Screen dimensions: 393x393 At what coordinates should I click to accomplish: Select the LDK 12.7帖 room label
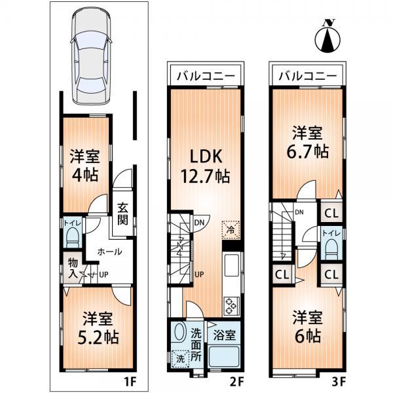(208, 164)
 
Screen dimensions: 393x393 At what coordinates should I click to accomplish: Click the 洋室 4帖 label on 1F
(84, 166)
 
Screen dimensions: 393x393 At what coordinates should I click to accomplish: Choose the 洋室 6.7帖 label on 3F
(307, 141)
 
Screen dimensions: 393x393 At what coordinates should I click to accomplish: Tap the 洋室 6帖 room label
(307, 327)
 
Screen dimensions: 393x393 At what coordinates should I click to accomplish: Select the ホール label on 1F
(109, 251)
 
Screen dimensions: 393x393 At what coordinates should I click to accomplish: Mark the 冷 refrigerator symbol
(230, 229)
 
